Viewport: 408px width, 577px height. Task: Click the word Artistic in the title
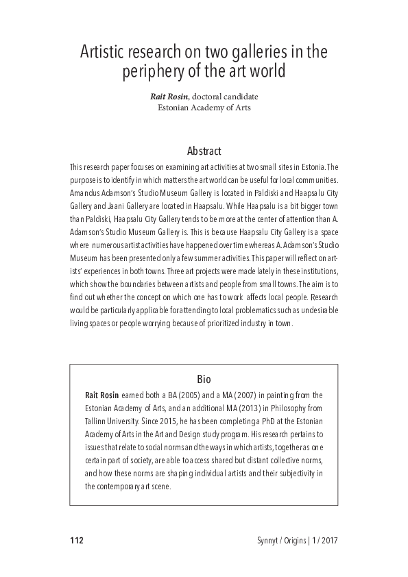[105, 52]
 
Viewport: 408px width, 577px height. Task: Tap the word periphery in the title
[155, 71]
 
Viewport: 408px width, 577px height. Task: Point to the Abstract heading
[204, 150]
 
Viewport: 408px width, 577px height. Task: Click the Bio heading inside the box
[204, 378]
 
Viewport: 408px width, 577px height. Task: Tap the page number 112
[76, 540]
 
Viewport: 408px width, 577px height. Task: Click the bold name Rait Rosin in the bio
[101, 395]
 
